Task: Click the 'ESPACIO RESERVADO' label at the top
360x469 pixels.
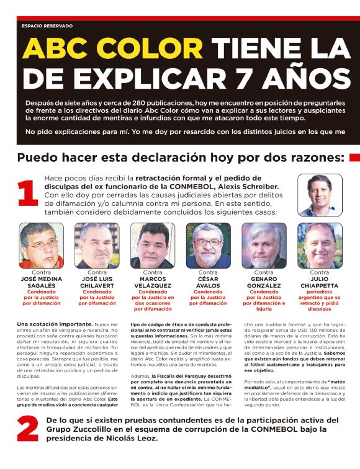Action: [x=47, y=26]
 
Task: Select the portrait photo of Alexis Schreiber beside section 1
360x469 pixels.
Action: [x=320, y=195]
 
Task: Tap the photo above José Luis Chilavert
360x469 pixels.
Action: [x=97, y=245]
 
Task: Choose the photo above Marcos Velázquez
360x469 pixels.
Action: [x=153, y=245]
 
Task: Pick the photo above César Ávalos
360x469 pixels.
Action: [x=208, y=245]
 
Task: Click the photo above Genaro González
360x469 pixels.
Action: [x=264, y=245]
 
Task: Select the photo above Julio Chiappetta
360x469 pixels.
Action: [x=320, y=245]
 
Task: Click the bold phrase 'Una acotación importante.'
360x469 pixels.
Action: [x=41, y=324]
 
